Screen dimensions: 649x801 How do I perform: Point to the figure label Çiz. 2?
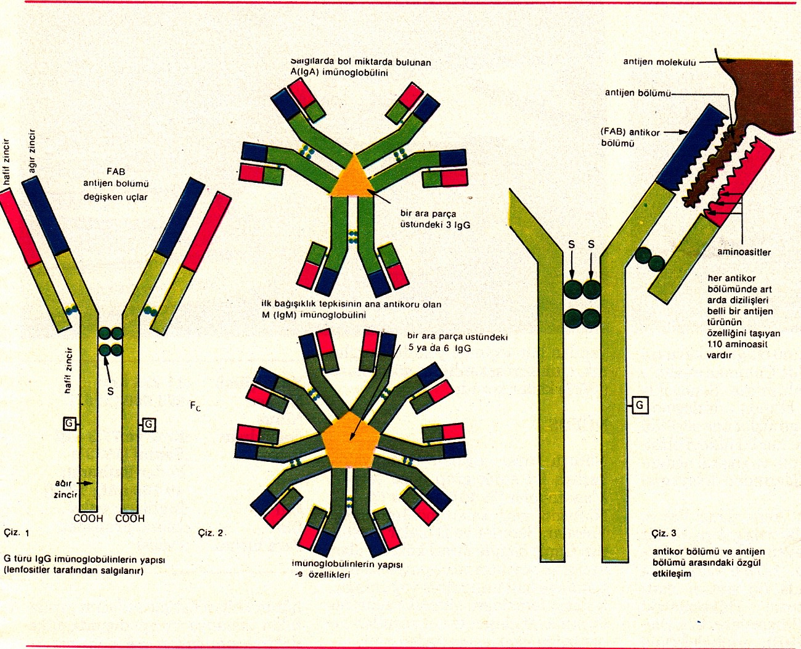tap(211, 533)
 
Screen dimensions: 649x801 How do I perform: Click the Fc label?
tap(196, 406)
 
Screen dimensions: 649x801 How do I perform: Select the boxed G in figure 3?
tap(640, 405)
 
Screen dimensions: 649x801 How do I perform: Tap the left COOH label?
tap(88, 518)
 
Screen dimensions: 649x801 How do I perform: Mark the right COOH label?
tap(130, 518)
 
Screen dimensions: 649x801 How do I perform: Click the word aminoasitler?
tap(744, 252)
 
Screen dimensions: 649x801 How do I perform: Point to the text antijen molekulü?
tap(659, 62)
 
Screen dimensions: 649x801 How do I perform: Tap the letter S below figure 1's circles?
tap(110, 391)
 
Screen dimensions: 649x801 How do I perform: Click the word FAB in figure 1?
tap(116, 172)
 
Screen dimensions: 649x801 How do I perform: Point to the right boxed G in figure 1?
tap(148, 424)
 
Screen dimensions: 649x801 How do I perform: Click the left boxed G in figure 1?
tap(70, 424)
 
